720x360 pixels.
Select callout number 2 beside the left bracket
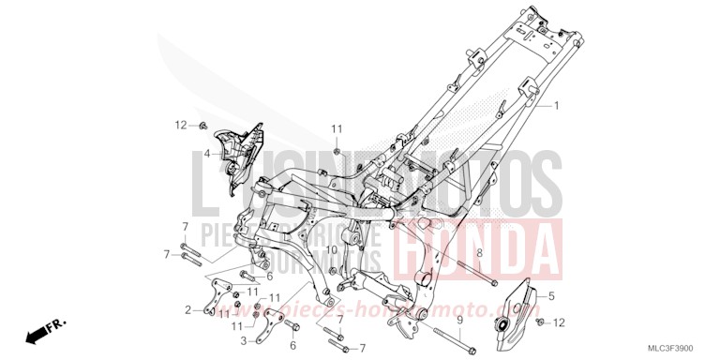coord(188,309)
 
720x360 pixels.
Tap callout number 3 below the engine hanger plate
coord(243,341)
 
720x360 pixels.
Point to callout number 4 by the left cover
coord(207,152)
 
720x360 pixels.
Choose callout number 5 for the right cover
coord(551,296)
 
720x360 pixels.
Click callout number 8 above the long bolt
coord(479,253)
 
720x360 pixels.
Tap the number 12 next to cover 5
coord(560,322)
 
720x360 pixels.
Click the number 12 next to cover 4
coord(180,125)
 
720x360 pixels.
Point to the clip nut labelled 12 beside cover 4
coord(202,125)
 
